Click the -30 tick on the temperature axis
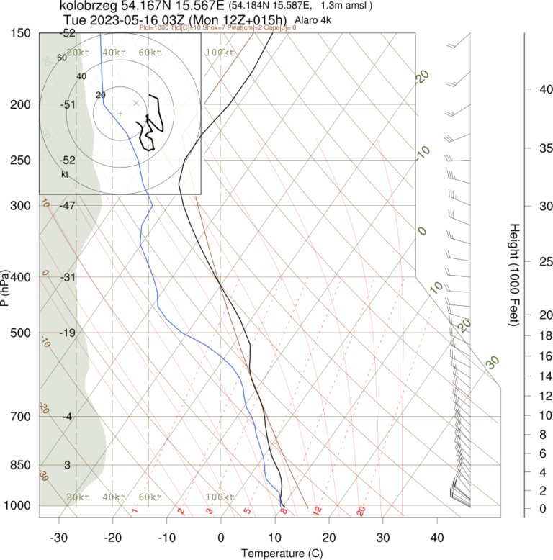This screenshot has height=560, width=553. (59, 538)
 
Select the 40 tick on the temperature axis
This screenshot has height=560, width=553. (437, 538)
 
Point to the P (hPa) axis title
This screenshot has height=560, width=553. (6, 289)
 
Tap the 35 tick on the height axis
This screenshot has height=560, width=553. (526, 148)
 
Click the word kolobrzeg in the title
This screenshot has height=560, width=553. (90, 6)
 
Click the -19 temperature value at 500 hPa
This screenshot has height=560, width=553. (68, 333)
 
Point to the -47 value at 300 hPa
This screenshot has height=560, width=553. (68, 205)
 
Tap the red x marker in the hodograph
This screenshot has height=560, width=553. (135, 103)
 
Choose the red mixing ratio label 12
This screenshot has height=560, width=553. (316, 511)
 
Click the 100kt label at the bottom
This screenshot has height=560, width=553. (220, 497)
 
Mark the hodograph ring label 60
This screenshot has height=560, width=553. (61, 58)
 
